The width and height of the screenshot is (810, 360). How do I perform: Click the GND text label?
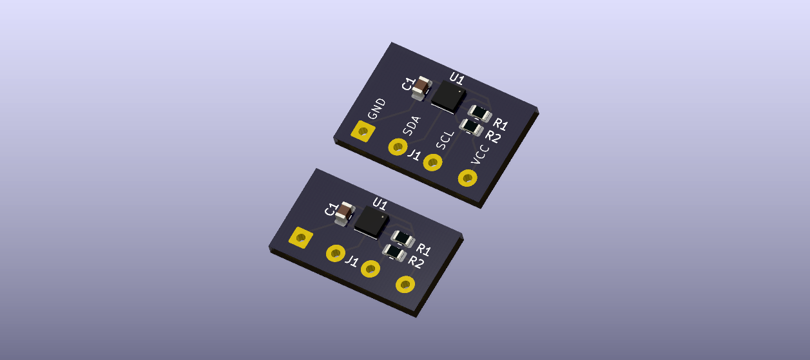pyautogui.click(x=377, y=109)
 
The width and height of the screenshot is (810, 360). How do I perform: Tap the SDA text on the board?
pyautogui.click(x=412, y=126)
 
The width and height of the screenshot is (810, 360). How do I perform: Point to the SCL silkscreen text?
pyautogui.click(x=445, y=140)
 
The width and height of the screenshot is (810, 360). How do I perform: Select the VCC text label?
pyautogui.click(x=480, y=155)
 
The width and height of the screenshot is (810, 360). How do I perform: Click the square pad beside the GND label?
pyautogui.click(x=363, y=131)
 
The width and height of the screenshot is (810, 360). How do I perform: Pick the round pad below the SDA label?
pyautogui.click(x=398, y=147)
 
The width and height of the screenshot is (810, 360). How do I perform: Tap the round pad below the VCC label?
pyautogui.click(x=468, y=178)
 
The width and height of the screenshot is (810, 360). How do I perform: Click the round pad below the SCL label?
pyautogui.click(x=433, y=162)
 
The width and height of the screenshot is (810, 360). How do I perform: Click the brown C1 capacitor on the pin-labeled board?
pyautogui.click(x=421, y=88)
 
